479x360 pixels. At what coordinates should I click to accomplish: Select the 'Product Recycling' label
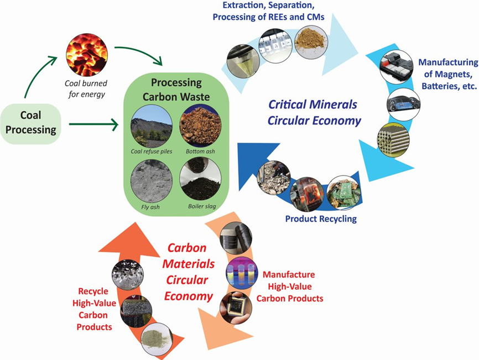click(x=321, y=219)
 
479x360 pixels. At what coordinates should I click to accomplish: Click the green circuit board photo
click(x=345, y=190)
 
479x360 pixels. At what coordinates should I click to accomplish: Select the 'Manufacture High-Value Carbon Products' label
click(x=293, y=286)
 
